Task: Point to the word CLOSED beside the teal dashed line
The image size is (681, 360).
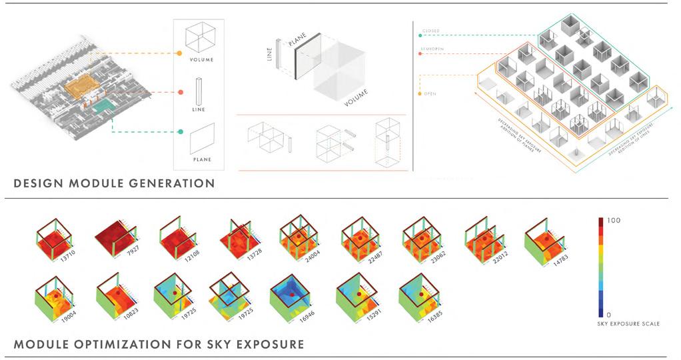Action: (430, 31)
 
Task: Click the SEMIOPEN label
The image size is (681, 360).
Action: (432, 49)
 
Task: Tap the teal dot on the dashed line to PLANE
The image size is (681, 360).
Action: (180, 132)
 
